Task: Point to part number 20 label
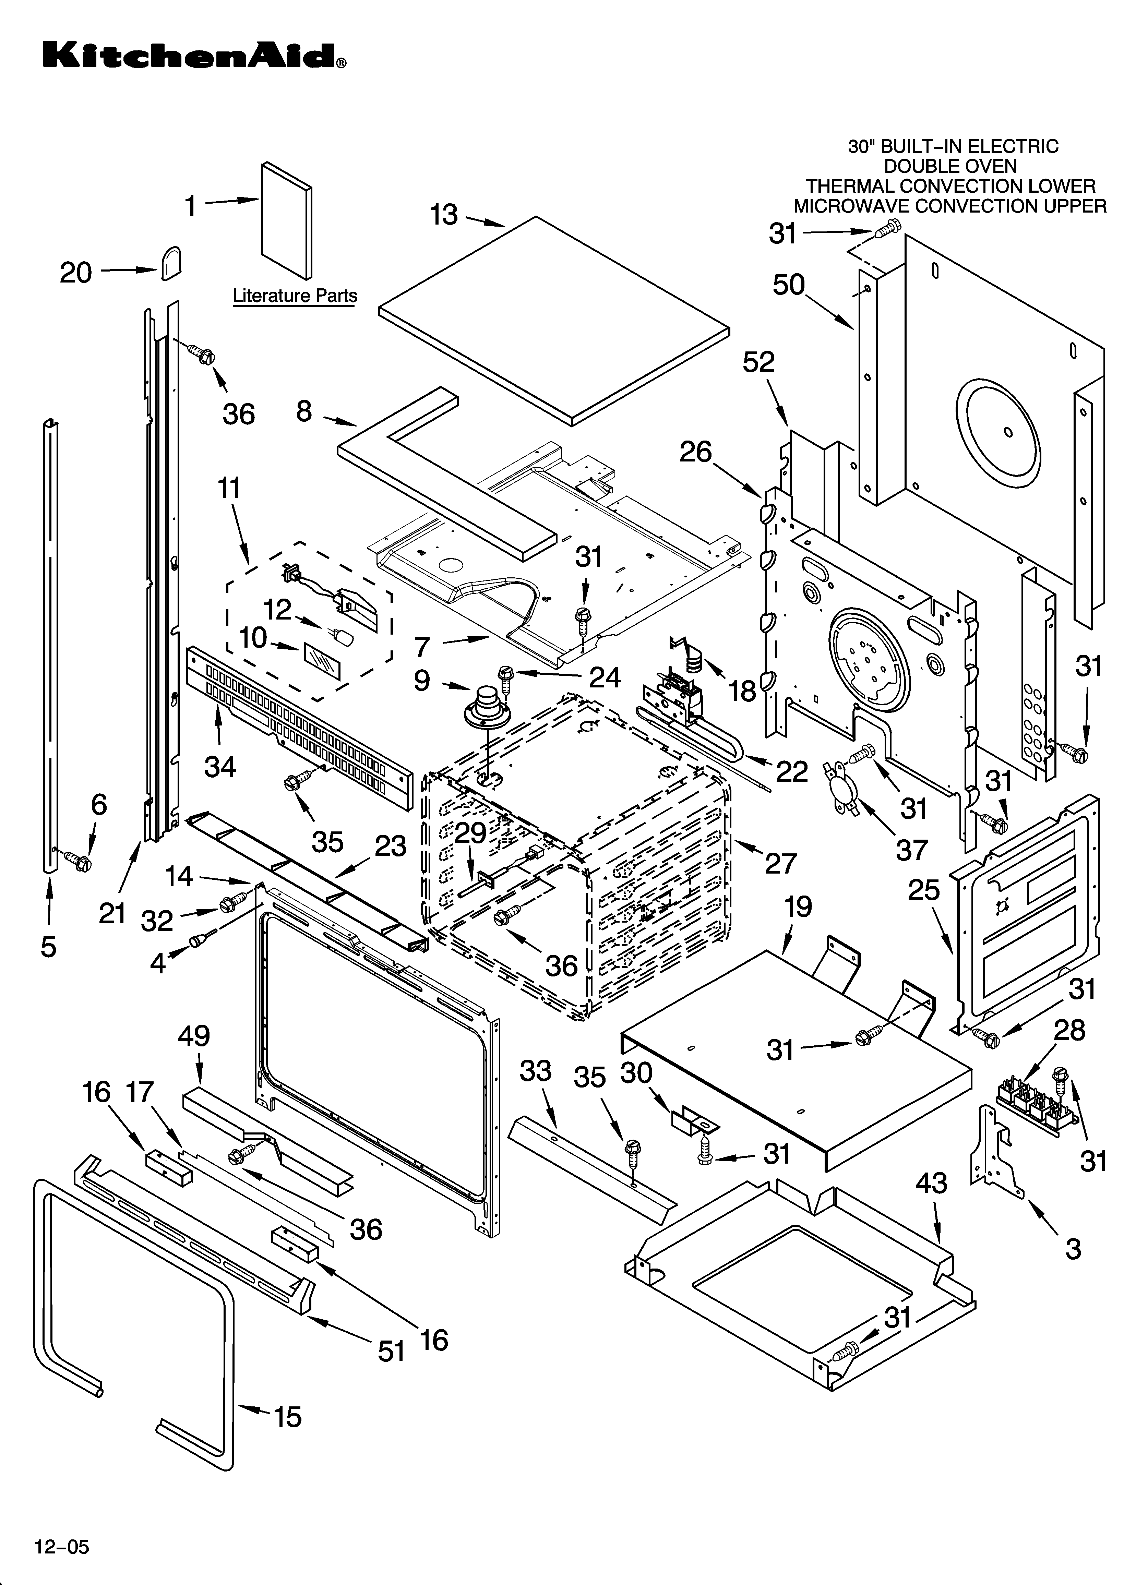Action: pyautogui.click(x=75, y=273)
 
